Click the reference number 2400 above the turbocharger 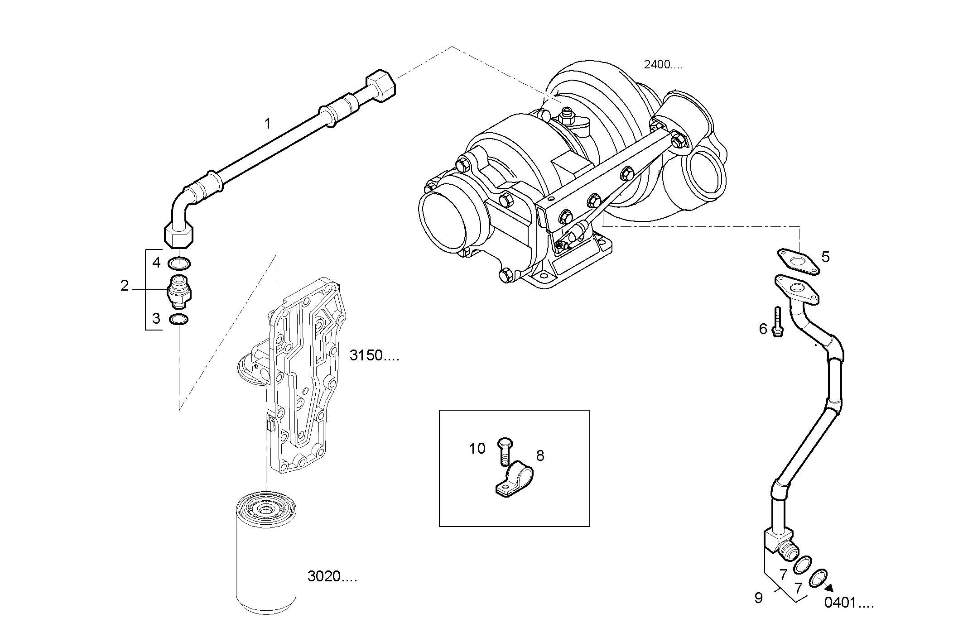[662, 65]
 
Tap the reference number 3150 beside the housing [374, 355]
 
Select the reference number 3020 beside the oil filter [332, 576]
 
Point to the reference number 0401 [848, 603]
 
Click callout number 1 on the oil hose [268, 123]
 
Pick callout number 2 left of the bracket [125, 286]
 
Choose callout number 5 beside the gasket [825, 257]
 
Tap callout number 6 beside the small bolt [763, 329]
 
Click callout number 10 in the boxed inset [477, 449]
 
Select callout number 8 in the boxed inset [540, 455]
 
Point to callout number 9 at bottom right [759, 598]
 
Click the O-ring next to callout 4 [179, 263]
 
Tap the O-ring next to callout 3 [179, 320]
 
